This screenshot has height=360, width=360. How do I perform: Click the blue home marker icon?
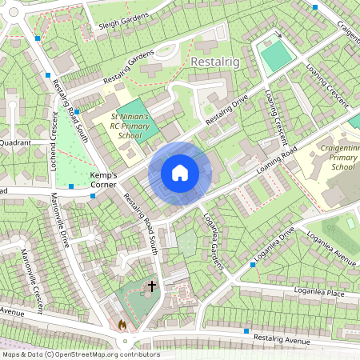point(180,173)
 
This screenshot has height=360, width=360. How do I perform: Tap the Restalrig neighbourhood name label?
point(216,61)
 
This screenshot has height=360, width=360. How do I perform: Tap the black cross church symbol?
point(151,285)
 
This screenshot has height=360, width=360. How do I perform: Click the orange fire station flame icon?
point(122,326)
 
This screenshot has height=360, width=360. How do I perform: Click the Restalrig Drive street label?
point(227,110)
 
